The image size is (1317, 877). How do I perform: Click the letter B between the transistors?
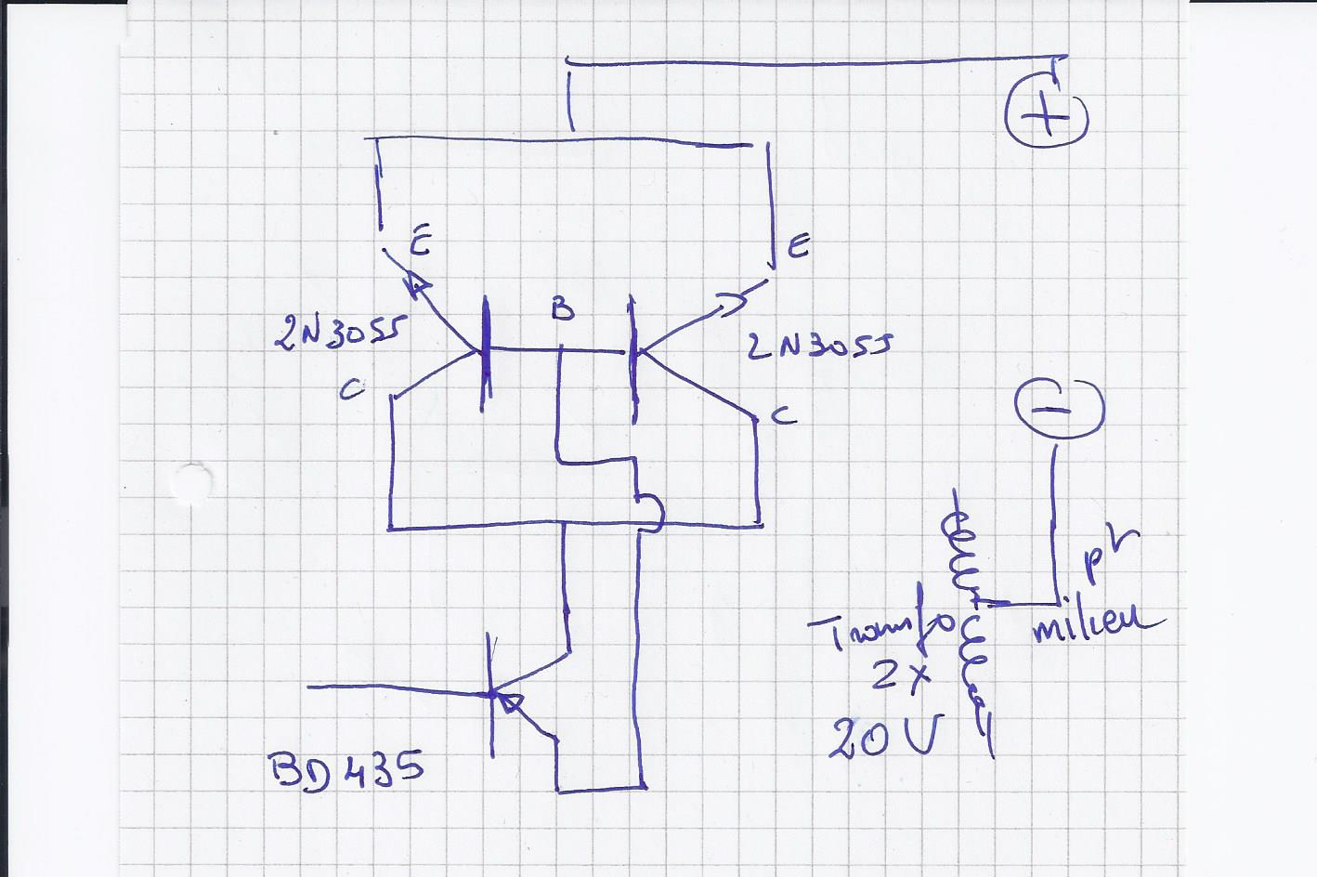pyautogui.click(x=562, y=309)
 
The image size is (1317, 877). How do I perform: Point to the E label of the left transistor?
pyautogui.click(x=418, y=244)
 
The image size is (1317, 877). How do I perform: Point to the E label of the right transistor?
pyautogui.click(x=798, y=247)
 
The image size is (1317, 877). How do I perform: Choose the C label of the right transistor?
pyautogui.click(x=785, y=417)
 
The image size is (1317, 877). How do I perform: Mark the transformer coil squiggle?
pyautogui.click(x=966, y=622)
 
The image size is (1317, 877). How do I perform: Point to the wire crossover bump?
pyautogui.click(x=654, y=512)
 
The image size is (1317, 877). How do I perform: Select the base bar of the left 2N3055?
pyautogui.click(x=485, y=353)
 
